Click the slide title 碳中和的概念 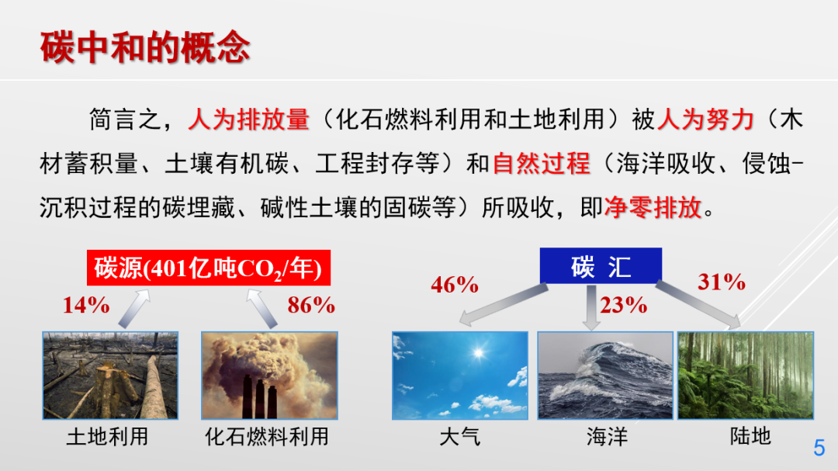145,47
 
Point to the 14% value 86,305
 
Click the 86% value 311,305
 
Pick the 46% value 455,285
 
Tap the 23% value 624,305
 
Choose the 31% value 721,282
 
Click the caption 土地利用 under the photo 107,436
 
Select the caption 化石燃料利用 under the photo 266,436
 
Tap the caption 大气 459,436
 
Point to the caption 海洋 606,436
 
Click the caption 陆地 750,436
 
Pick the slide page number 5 819,448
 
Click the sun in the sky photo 475,353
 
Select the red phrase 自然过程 541,164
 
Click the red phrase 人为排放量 248,119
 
